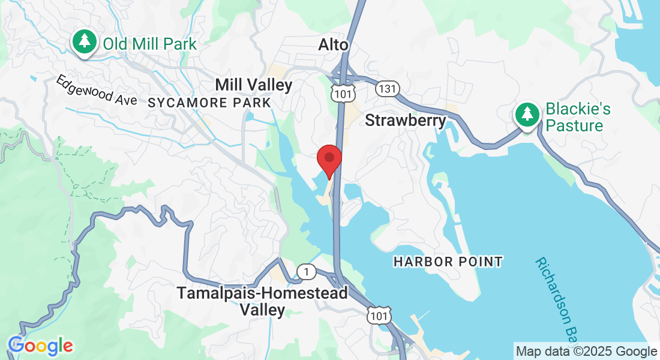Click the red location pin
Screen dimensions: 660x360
click(x=329, y=160)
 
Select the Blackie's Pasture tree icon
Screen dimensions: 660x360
click(x=527, y=113)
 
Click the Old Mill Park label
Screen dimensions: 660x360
click(x=149, y=44)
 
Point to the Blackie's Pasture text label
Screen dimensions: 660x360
click(x=577, y=118)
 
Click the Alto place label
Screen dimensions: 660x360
click(x=334, y=45)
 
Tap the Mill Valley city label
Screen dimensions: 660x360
click(x=254, y=85)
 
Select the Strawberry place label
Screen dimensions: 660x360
click(x=406, y=121)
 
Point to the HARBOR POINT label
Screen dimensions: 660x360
click(x=448, y=262)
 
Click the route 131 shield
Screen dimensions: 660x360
click(x=385, y=89)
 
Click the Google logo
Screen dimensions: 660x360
click(x=41, y=346)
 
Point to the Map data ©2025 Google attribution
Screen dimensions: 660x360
click(x=586, y=352)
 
